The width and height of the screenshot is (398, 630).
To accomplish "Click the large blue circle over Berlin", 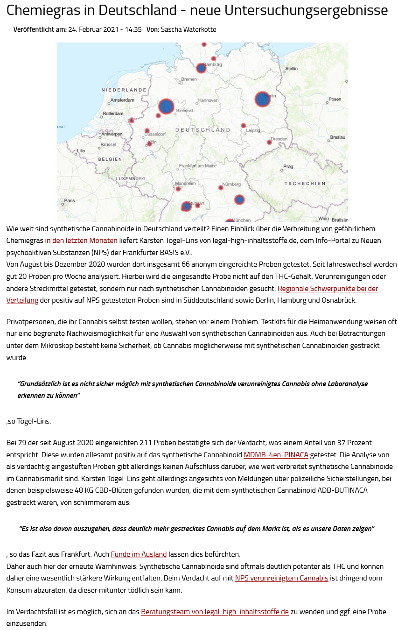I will coord(262,99).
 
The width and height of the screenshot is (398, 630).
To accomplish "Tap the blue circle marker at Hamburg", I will coord(201,68).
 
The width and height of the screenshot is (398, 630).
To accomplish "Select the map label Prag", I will coord(288,167).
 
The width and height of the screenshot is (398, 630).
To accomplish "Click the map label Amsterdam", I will coord(123,100).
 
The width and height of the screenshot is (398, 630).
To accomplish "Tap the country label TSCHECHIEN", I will coord(305,184).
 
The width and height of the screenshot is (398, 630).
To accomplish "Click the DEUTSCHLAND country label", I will coord(203,129).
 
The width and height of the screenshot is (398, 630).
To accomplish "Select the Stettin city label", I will coord(291,69).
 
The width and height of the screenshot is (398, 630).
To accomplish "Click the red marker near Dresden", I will coord(269,142).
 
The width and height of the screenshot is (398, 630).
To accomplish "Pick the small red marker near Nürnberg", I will coord(221,188).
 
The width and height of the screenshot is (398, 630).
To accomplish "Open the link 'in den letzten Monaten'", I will coord(81,241).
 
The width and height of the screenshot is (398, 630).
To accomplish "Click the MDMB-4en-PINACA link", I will coord(276,454).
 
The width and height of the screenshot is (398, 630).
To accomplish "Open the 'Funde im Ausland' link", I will coord(139,554).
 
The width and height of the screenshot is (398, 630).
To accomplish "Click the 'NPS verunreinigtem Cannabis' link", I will coord(281,578).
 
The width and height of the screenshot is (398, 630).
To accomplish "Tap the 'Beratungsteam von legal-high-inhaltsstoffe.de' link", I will coord(215,612).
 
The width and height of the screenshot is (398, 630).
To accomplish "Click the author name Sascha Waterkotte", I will coord(189,29).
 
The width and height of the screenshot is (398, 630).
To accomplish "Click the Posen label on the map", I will coord(335,99).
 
